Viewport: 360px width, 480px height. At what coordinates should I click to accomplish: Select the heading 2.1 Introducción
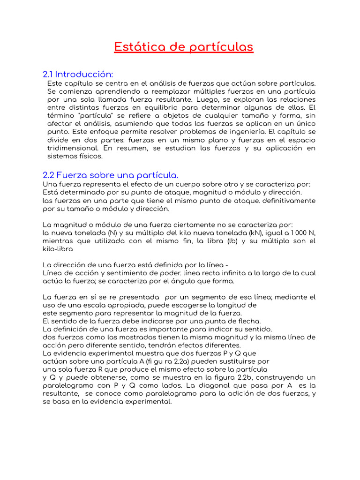(x=78, y=75)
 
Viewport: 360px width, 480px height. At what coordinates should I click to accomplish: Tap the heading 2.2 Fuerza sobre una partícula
(x=110, y=175)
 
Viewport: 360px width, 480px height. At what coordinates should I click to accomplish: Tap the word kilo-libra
(x=58, y=249)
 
